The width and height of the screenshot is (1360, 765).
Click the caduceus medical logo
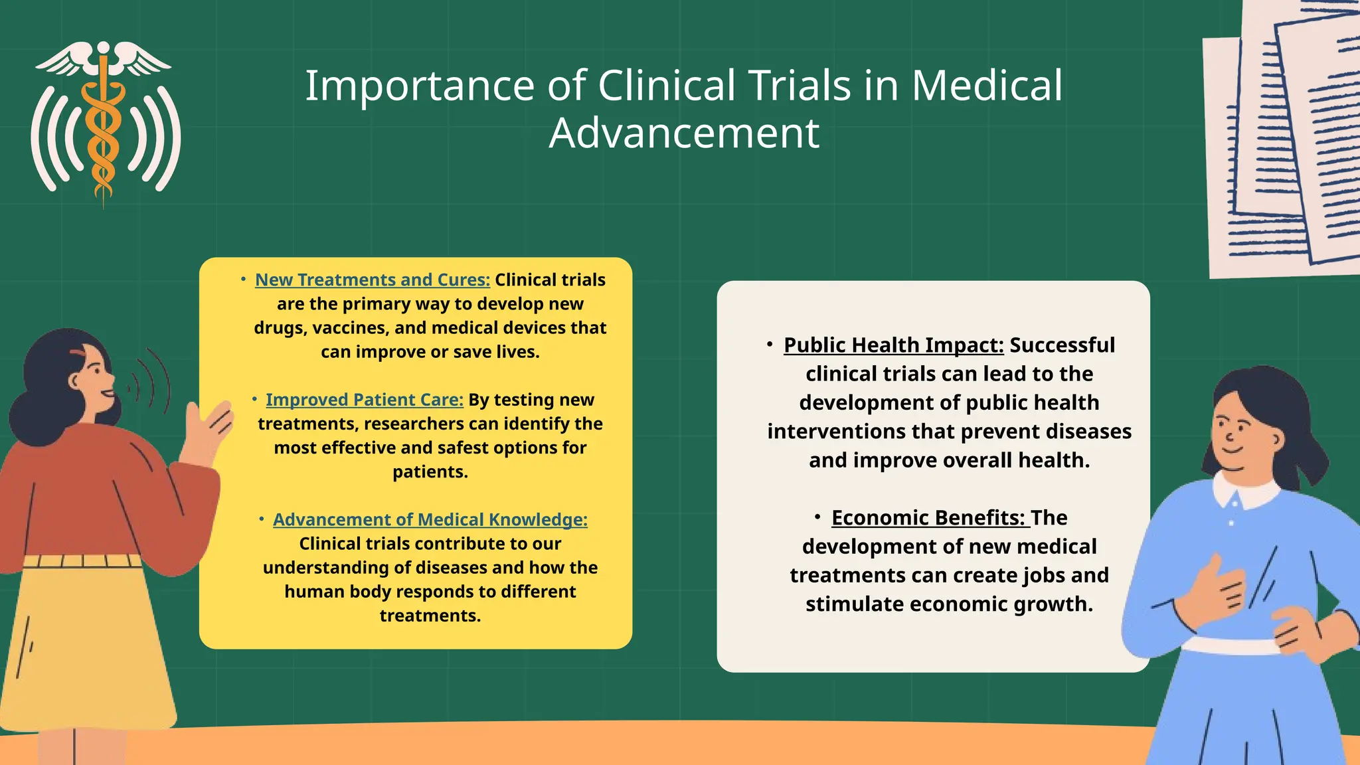(x=104, y=123)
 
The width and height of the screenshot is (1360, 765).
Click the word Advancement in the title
(x=684, y=133)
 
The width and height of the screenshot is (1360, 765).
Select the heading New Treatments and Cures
(x=372, y=280)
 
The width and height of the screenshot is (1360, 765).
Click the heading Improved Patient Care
(x=364, y=400)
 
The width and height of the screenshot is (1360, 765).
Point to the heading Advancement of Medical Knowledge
(x=430, y=519)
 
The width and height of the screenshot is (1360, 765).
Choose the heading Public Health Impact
(x=893, y=345)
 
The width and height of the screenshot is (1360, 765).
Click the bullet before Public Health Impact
(x=770, y=344)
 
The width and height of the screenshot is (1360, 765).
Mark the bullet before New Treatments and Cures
(x=244, y=279)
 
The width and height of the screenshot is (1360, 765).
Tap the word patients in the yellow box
(x=430, y=472)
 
